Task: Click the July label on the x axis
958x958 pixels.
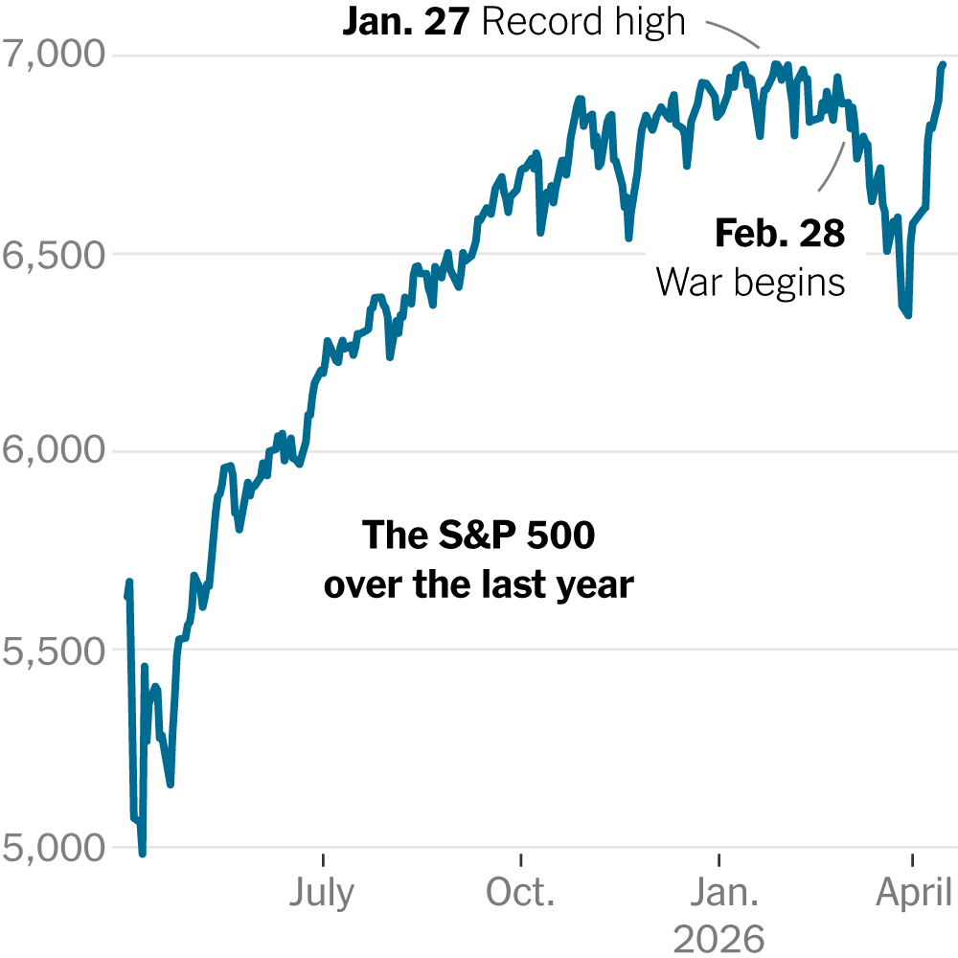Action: tap(322, 893)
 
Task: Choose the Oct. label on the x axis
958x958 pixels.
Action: tap(520, 893)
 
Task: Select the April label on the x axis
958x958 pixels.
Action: tap(913, 893)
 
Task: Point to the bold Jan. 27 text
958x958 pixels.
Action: tap(405, 22)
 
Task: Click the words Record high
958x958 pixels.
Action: tap(584, 22)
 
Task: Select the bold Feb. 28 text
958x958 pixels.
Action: tap(780, 234)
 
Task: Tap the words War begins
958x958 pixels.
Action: tap(750, 282)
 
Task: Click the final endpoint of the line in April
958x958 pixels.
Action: tap(943, 64)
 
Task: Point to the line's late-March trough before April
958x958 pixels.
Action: tap(907, 315)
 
